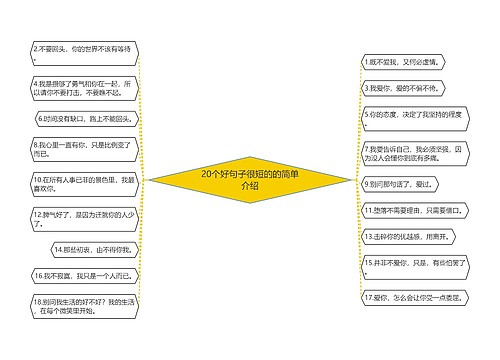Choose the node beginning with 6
click(x=89, y=118)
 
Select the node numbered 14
click(x=94, y=249)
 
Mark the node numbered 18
click(x=86, y=305)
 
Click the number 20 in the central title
click(x=207, y=174)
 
